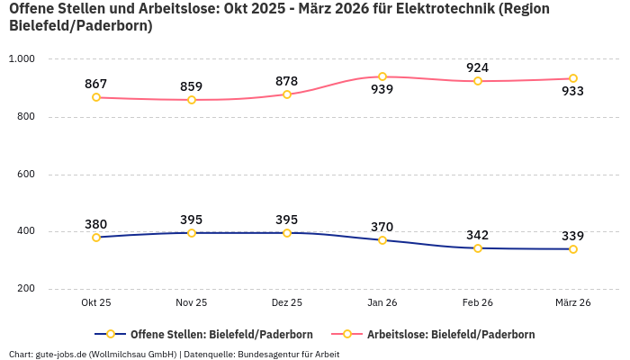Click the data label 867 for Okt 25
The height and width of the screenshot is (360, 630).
pyautogui.click(x=96, y=84)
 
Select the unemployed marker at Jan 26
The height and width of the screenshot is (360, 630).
pyautogui.click(x=382, y=76)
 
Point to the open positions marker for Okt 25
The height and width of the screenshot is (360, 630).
pyautogui.click(x=96, y=238)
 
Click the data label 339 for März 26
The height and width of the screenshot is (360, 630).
pyautogui.click(x=573, y=236)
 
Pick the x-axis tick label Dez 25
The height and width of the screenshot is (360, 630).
pyautogui.click(x=287, y=303)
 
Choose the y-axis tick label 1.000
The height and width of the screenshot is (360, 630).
pyautogui.click(x=22, y=58)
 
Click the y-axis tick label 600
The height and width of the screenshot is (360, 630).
pyautogui.click(x=25, y=174)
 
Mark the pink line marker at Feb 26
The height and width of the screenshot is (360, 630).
pyautogui.click(x=478, y=81)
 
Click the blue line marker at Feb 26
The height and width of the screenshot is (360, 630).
pyautogui.click(x=478, y=248)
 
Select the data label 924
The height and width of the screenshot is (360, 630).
pyautogui.click(x=478, y=67)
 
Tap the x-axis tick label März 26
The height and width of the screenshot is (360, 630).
pyautogui.click(x=573, y=303)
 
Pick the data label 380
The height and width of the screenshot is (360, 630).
pyautogui.click(x=96, y=224)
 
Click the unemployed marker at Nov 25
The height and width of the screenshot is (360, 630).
pyautogui.click(x=192, y=100)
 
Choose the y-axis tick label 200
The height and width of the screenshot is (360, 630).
pyautogui.click(x=25, y=289)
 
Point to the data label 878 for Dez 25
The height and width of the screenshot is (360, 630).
pyautogui.click(x=287, y=81)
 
